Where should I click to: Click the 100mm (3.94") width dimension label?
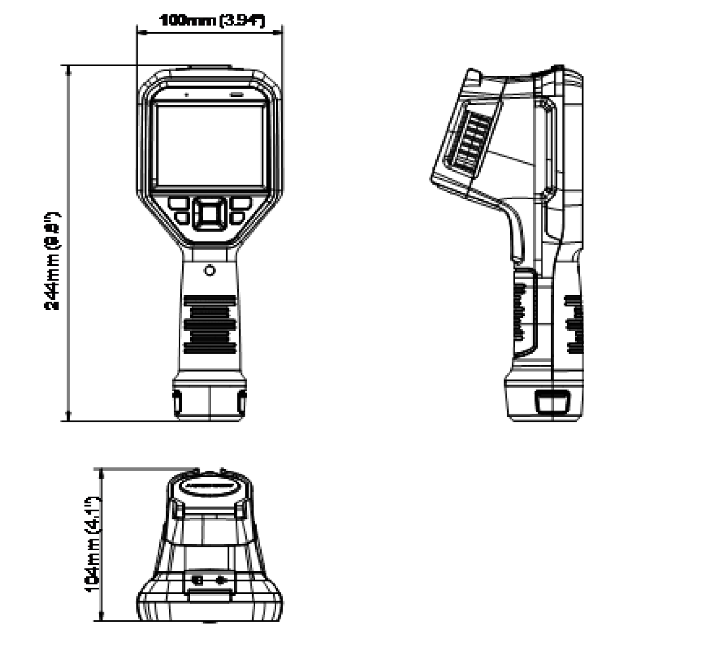pyautogui.click(x=212, y=21)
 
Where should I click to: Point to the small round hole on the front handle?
pyautogui.click(x=209, y=271)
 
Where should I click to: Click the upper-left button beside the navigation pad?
pyautogui.click(x=178, y=204)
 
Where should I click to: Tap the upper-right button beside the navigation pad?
pyautogui.click(x=241, y=204)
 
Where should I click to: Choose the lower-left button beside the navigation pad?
pyautogui.click(x=181, y=218)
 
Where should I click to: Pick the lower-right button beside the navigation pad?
pyautogui.click(x=237, y=218)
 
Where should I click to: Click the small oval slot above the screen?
pyautogui.click(x=236, y=94)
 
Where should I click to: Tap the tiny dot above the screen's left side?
pyautogui.click(x=186, y=93)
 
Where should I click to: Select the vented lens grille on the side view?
pyautogui.click(x=471, y=143)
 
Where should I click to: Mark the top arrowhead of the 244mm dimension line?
pyautogui.click(x=68, y=69)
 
